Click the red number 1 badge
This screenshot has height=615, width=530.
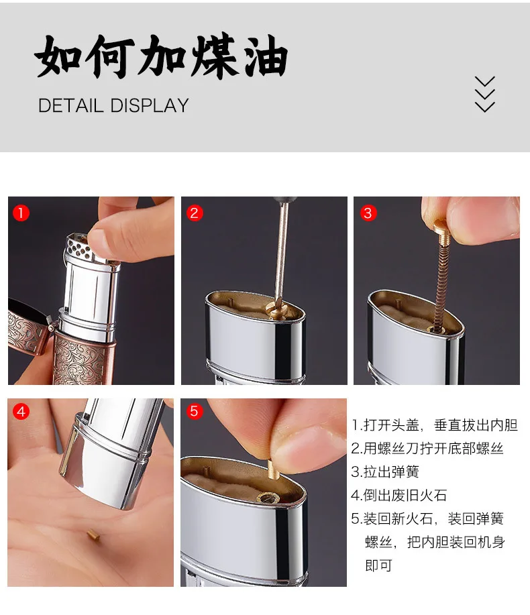coord(21,213)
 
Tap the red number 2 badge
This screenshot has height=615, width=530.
coord(194,213)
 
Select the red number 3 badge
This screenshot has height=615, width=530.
coord(368,213)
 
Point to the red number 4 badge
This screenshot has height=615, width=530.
coord(21,411)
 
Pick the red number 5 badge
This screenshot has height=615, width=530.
coord(194,411)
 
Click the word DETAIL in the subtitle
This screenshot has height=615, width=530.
coord(70,105)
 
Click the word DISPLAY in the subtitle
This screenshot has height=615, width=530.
coord(150,105)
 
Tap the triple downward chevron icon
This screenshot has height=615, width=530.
coord(485,95)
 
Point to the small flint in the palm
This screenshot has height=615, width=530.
coord(93,534)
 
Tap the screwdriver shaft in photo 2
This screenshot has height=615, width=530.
coord(282,251)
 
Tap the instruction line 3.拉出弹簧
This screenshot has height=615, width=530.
coord(385,471)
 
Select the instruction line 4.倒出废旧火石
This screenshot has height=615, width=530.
coord(399,495)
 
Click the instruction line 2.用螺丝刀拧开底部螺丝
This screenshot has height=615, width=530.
coord(427,448)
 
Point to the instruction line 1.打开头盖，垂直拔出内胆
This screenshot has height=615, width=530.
coord(435,425)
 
